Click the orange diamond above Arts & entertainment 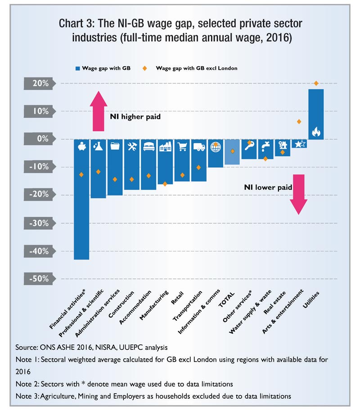pyautogui.click(x=299, y=121)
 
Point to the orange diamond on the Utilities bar pyautogui.click(x=316, y=83)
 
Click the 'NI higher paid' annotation pyautogui.click(x=135, y=116)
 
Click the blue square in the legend pyautogui.click(x=77, y=68)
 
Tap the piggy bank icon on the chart pyautogui.click(x=82, y=146)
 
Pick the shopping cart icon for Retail pyautogui.click(x=182, y=147)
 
